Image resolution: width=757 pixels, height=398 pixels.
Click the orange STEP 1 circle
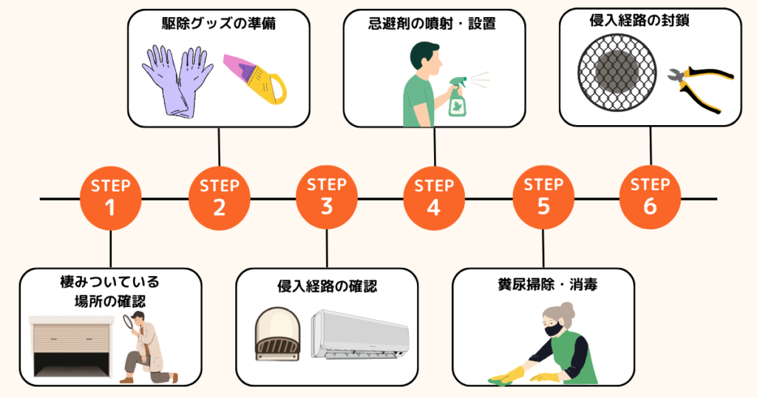(x=111, y=198)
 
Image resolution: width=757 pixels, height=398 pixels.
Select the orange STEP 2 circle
(x=219, y=198)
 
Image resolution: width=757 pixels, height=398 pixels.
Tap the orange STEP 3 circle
(x=327, y=198)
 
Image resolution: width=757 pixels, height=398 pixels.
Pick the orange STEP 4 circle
(x=434, y=198)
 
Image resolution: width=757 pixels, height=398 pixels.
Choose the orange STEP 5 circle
(x=543, y=198)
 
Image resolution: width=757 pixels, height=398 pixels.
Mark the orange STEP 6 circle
(x=651, y=198)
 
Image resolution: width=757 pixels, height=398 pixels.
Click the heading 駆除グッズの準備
(x=219, y=23)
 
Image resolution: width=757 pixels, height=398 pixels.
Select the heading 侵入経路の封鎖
(x=639, y=20)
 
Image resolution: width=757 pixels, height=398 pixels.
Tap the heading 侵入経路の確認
(x=327, y=286)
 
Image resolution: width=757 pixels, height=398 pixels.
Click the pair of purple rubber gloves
(x=177, y=81)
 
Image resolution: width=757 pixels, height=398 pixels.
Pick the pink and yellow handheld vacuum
(x=255, y=79)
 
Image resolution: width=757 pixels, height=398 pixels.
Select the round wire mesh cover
(x=617, y=72)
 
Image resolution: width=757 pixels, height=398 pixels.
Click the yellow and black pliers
(x=701, y=87)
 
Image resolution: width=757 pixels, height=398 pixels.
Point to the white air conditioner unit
(x=360, y=334)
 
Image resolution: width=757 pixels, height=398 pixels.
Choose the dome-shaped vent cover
(x=277, y=334)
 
